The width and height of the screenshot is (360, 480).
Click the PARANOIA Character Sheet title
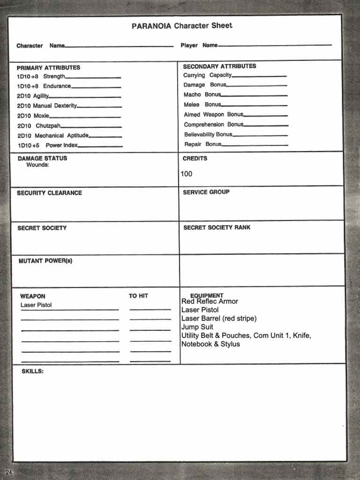(182, 26)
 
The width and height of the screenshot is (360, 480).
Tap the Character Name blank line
(119, 46)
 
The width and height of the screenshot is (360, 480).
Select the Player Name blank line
(275, 45)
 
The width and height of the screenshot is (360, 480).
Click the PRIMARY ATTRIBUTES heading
(48, 67)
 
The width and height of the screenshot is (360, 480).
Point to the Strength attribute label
(54, 76)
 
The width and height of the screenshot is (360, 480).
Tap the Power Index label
(61, 145)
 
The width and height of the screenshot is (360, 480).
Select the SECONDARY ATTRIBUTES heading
(219, 66)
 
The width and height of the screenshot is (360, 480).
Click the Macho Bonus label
(202, 95)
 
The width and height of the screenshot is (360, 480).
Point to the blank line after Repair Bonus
(255, 145)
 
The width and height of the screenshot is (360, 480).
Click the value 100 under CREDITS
(187, 174)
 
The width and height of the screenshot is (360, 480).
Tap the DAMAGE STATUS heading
(42, 158)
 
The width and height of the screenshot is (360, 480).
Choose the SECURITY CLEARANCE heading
(49, 193)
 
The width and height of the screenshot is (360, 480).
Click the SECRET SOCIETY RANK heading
(217, 227)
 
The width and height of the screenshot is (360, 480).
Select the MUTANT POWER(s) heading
(45, 261)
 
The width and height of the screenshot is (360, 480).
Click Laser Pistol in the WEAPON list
(36, 305)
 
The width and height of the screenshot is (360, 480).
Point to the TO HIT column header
(138, 296)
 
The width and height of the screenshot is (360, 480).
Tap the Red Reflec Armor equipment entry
(210, 301)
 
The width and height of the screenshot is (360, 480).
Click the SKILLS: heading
(32, 371)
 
